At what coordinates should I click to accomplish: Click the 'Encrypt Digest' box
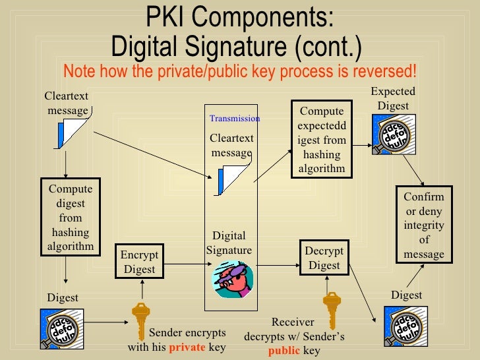140,262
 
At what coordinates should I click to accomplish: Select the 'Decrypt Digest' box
324,258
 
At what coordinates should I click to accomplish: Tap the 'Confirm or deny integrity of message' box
424,225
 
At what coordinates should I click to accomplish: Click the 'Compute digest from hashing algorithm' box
71,218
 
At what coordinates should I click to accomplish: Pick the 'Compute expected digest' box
322,139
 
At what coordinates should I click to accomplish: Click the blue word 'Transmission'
235,119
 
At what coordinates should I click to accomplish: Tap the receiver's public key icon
330,307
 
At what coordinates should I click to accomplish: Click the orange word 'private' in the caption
187,347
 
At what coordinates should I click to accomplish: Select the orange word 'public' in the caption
285,350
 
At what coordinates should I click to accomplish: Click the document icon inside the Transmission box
233,179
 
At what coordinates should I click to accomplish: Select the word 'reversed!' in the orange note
391,71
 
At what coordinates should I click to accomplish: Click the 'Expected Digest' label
393,98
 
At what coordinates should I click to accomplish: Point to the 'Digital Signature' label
229,243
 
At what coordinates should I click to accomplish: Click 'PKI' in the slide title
168,18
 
